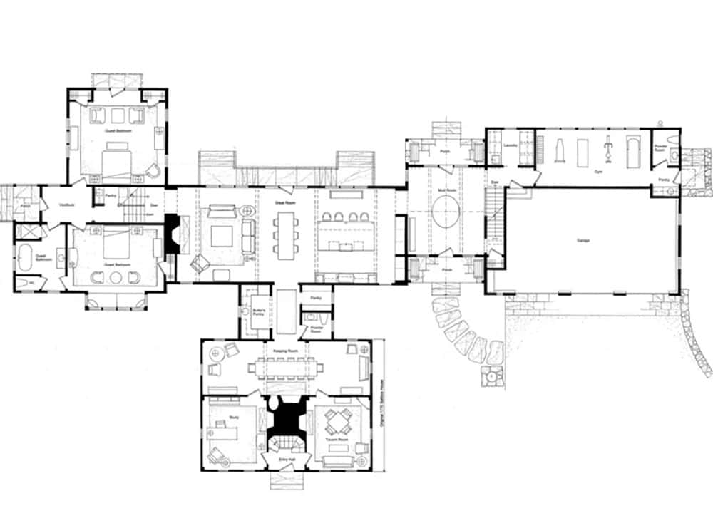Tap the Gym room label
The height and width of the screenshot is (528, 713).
pyautogui.click(x=595, y=172)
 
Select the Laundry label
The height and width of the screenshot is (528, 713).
pyautogui.click(x=509, y=145)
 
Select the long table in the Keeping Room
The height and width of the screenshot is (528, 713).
pyautogui.click(x=285, y=368)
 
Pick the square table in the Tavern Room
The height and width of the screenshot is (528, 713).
pyautogui.click(x=336, y=425)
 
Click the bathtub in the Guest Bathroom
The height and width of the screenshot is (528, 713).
pyautogui.click(x=24, y=257)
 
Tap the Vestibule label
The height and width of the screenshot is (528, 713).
pyautogui.click(x=67, y=204)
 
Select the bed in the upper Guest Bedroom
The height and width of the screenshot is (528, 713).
pyautogui.click(x=117, y=157)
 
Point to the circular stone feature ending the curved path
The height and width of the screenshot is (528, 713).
pyautogui.click(x=491, y=375)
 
